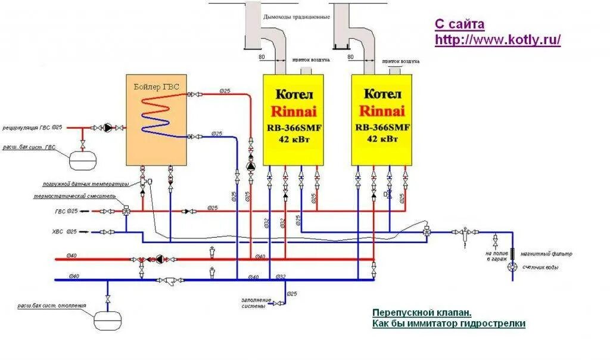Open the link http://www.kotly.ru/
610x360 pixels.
498,40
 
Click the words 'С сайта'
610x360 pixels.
459,24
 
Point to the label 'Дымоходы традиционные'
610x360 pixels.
296,17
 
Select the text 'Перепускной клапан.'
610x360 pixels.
422,312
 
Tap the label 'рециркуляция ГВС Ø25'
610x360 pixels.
32,128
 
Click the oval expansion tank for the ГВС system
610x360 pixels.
83,160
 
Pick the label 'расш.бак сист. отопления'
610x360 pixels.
51,305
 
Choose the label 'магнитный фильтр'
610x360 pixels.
546,254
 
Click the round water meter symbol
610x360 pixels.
512,267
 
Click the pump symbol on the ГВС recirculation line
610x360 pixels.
108,128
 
